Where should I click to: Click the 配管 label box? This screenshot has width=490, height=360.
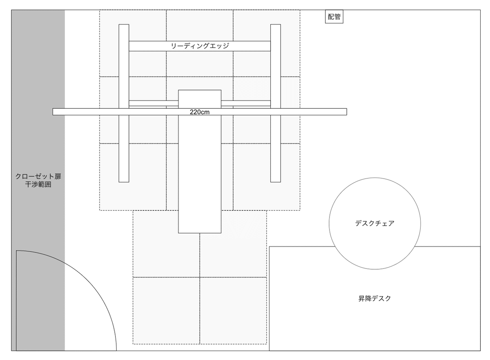(x=334, y=17)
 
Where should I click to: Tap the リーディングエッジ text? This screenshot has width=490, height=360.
(x=200, y=46)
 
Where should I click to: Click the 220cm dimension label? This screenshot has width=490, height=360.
(x=200, y=112)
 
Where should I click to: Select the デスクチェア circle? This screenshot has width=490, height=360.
(x=374, y=224)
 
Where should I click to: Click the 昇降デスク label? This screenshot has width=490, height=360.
(x=374, y=298)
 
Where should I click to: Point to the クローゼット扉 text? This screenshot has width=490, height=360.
(x=38, y=177)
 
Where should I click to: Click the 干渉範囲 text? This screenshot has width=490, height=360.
(x=38, y=185)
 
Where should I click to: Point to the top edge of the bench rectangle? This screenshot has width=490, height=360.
(x=200, y=90)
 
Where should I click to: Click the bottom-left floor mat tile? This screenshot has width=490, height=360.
(x=166, y=311)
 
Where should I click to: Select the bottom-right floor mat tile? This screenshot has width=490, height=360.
(x=233, y=311)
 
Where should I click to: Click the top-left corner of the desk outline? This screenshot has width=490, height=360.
(x=270, y=247)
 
